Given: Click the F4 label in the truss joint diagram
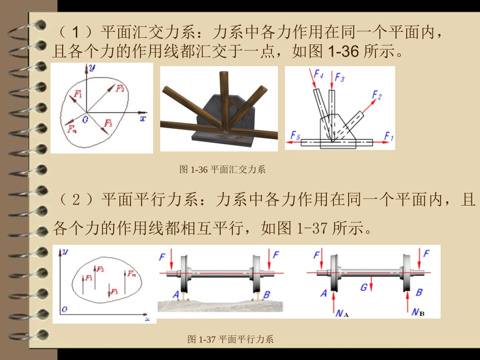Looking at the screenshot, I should [x=318, y=75].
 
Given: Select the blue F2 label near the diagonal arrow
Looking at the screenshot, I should [x=377, y=95].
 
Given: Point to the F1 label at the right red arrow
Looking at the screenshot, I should [x=388, y=135].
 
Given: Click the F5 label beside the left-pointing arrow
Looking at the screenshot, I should [x=296, y=135].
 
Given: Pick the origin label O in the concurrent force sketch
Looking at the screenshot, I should [x=84, y=119].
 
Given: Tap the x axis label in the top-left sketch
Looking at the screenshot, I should [x=143, y=119].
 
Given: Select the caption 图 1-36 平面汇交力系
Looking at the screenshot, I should [x=222, y=170].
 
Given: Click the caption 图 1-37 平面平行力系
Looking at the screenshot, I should [x=230, y=339].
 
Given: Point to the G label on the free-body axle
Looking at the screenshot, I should [x=364, y=288].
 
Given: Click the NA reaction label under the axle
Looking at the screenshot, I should [x=342, y=314].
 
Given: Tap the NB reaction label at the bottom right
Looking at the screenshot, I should [x=417, y=313].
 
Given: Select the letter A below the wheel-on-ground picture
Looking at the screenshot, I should [x=175, y=294].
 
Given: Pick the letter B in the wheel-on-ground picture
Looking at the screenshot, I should [x=267, y=294].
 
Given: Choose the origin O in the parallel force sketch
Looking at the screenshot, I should [x=64, y=308].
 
